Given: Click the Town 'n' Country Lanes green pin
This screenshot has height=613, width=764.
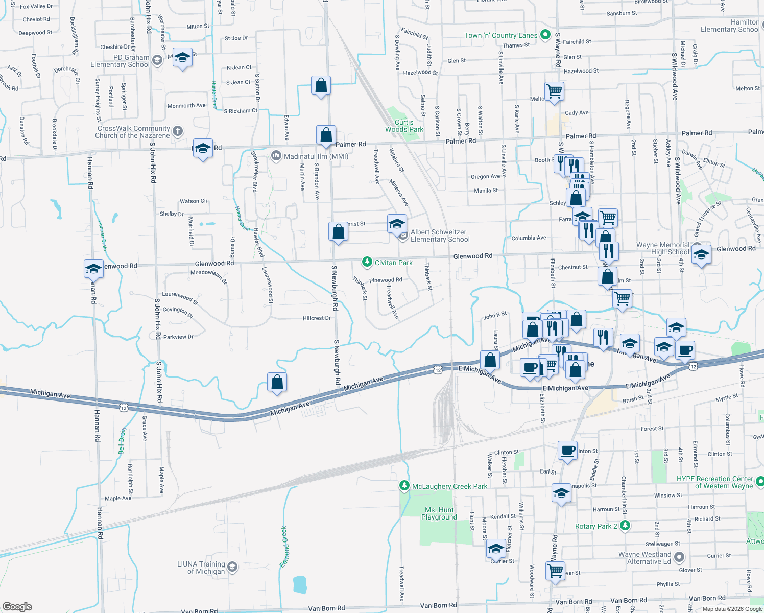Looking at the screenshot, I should tap(545, 35).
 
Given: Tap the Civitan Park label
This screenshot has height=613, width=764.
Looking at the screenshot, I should tap(393, 263).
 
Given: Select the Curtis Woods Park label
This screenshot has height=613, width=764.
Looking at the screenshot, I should tap(404, 126).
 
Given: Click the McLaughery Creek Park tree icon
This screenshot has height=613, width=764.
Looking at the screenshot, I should tap(404, 486).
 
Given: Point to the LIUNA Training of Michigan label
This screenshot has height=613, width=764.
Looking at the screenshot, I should tap(201, 568).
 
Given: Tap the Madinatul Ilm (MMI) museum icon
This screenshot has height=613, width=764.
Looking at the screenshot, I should tap(276, 156).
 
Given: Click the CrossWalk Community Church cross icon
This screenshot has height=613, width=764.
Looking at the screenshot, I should tap(178, 131).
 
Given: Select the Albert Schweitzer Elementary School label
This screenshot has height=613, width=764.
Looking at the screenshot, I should tap(440, 235).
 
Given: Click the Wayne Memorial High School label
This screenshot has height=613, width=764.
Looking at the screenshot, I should tap(662, 248).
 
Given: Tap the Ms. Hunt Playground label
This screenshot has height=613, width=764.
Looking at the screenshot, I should tap(439, 513).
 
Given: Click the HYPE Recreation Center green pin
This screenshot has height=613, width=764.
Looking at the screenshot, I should tap(759, 481).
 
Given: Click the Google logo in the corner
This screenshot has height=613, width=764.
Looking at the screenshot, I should tap(17, 607).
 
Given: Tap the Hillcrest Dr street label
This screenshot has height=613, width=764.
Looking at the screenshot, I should tap(317, 318).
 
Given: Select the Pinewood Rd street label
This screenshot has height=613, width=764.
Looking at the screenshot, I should tap(386, 280).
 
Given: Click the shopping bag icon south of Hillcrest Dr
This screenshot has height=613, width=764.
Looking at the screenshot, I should tap(277, 383).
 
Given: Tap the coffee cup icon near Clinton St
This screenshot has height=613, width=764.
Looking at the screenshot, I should tap(567, 451).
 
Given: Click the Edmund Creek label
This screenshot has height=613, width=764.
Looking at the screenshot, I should tap(284, 547).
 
